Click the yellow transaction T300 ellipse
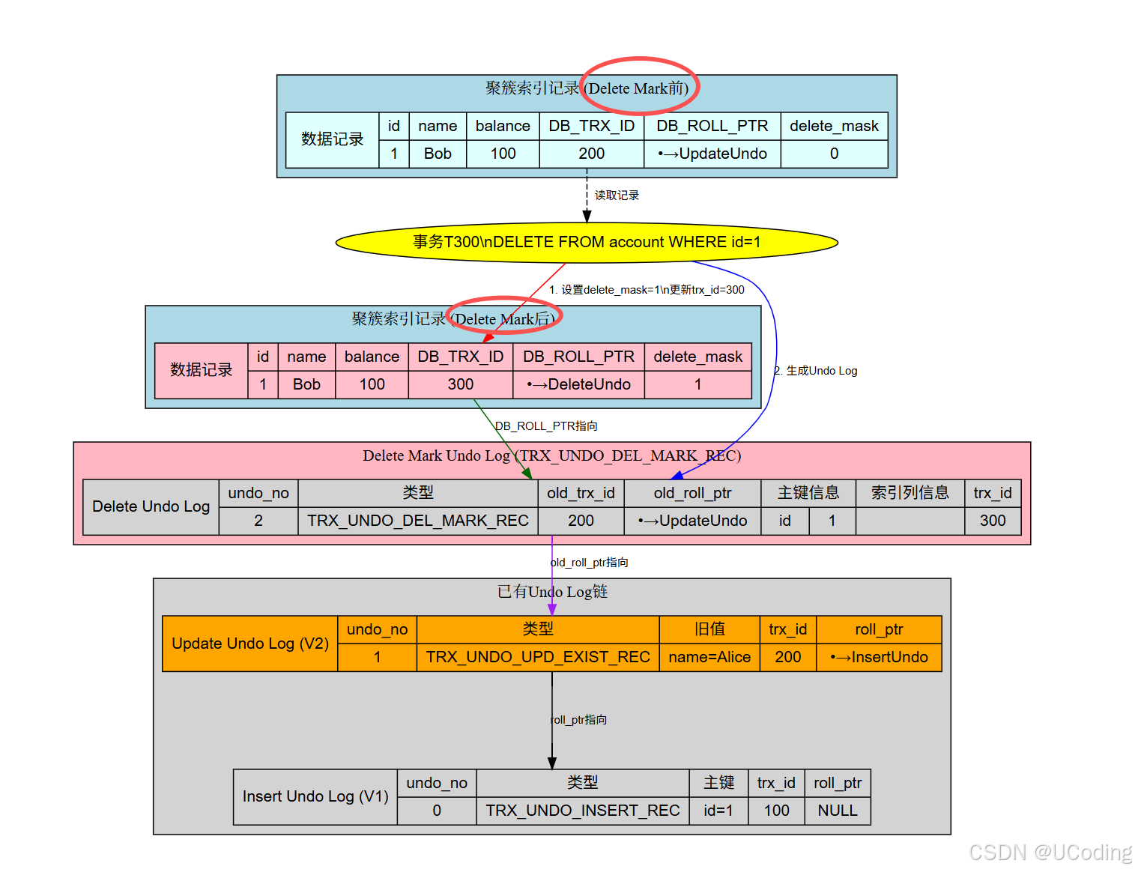point(587,242)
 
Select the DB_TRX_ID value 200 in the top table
point(591,154)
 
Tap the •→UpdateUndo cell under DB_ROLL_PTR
point(712,154)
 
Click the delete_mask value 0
point(834,154)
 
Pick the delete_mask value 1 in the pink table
point(697,384)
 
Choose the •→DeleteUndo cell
point(578,384)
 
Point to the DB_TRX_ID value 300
point(460,384)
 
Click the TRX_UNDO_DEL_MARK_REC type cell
point(417,521)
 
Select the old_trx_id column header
point(581,493)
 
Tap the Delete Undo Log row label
point(151,506)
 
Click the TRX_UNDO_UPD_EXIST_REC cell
point(537,657)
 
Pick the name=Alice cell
point(709,657)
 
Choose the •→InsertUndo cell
point(879,657)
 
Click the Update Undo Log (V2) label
point(250,644)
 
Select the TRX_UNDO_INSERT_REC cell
point(582,811)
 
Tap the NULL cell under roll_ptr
point(837,811)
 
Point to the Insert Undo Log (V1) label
point(315,796)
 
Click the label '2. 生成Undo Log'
point(817,371)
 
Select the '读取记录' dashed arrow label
point(617,196)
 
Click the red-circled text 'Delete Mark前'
point(638,88)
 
